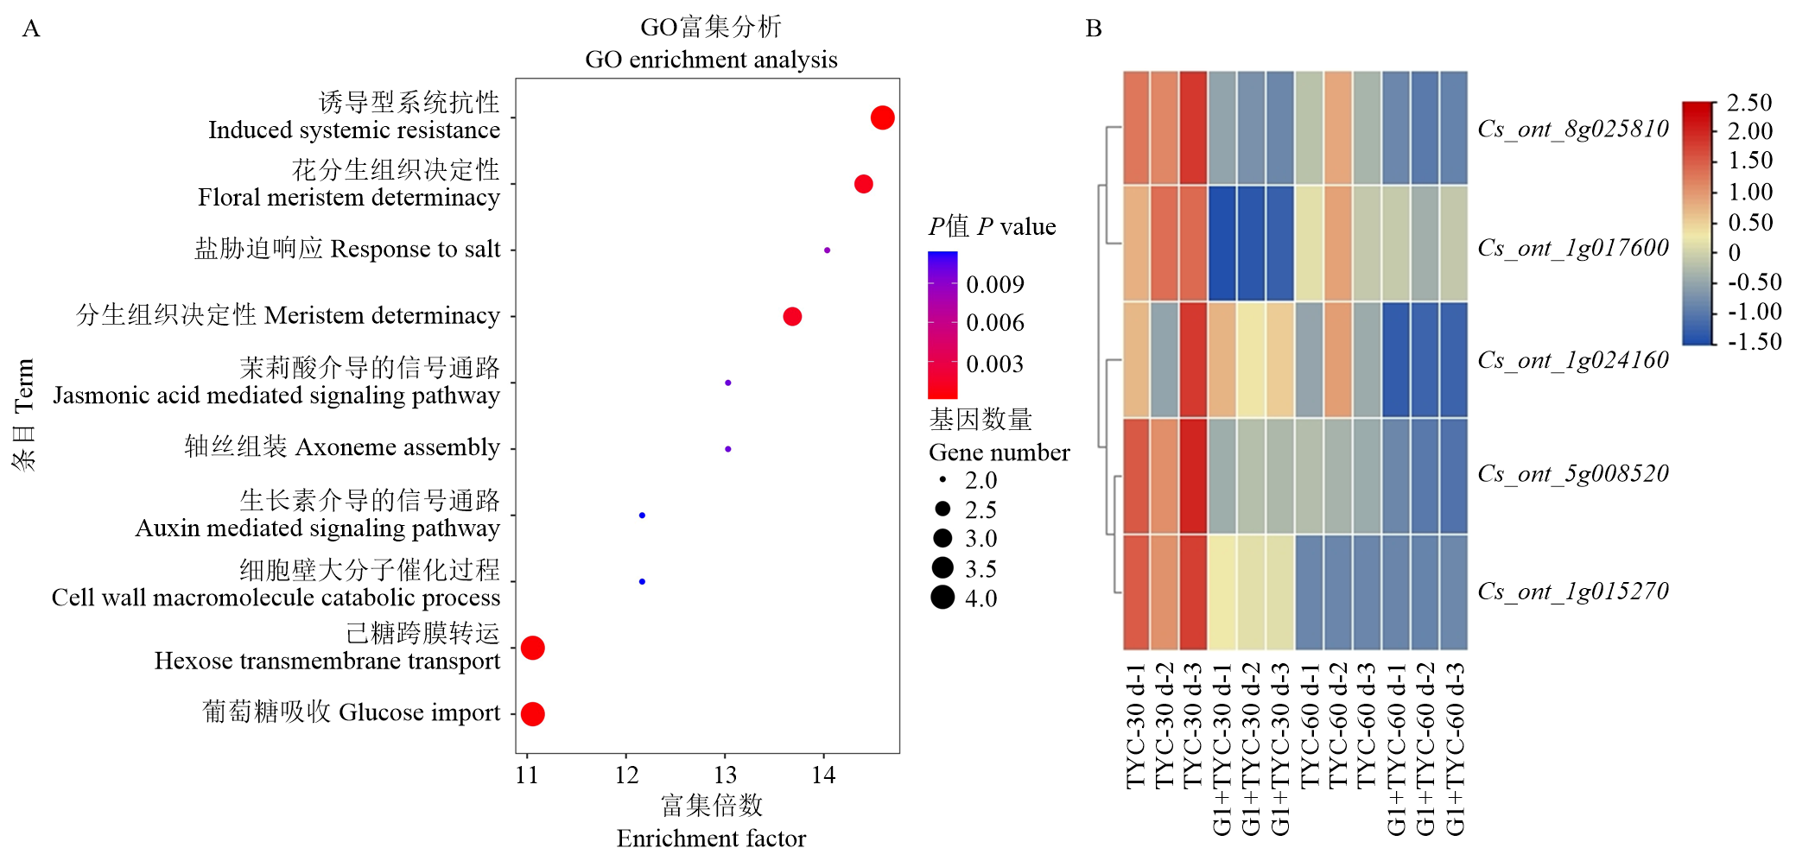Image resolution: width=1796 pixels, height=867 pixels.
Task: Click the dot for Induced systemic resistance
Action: [882, 117]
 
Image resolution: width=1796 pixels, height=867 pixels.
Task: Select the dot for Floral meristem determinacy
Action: [863, 184]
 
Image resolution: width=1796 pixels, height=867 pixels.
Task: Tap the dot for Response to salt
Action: [827, 250]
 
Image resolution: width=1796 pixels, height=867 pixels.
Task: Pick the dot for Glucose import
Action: [533, 714]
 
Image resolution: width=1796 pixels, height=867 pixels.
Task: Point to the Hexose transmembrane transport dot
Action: [533, 648]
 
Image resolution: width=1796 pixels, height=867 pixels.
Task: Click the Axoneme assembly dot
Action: [728, 449]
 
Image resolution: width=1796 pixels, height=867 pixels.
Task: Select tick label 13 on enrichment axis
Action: [725, 775]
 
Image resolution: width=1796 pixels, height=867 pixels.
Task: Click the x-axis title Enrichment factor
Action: [710, 838]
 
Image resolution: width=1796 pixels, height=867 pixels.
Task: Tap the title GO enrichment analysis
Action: [710, 60]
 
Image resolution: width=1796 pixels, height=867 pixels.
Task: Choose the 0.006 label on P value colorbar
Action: [994, 323]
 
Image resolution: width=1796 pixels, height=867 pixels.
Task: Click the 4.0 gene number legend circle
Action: [942, 597]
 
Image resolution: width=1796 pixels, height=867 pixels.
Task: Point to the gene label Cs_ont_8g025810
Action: [1572, 130]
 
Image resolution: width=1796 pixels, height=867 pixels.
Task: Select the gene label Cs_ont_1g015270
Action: [1572, 592]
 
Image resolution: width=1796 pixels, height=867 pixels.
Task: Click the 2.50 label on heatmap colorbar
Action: [1748, 103]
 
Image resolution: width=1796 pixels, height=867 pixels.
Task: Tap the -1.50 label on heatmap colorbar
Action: [1754, 341]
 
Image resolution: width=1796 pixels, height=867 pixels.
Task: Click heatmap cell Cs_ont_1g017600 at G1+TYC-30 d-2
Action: [1251, 243]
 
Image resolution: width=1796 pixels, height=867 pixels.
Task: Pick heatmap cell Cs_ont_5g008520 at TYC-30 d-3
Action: [1193, 476]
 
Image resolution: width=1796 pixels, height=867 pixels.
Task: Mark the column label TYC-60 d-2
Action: [1337, 725]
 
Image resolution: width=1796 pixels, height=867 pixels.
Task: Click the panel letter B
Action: [1093, 28]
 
